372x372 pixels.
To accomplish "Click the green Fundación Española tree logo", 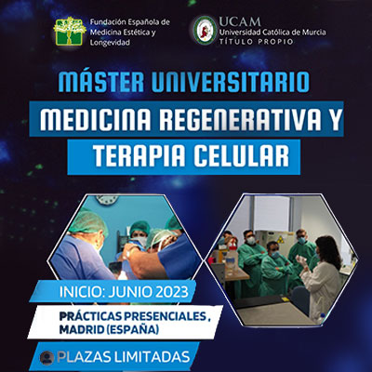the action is pos(69,32).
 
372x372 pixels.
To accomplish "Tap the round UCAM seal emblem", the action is pos(206,31).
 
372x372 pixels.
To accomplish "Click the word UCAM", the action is pos(240,21).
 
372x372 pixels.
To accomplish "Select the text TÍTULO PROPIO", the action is pos(256,42).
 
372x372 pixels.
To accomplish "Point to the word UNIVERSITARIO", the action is pos(230,83).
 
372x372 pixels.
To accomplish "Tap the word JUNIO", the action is pos(128,292).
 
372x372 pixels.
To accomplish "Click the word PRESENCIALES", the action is pos(163,316).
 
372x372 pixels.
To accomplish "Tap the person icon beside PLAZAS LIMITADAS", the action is pos(47,357).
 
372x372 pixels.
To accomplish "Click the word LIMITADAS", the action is pos(152,357).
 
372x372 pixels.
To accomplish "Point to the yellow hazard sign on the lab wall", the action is pos(281,239).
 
